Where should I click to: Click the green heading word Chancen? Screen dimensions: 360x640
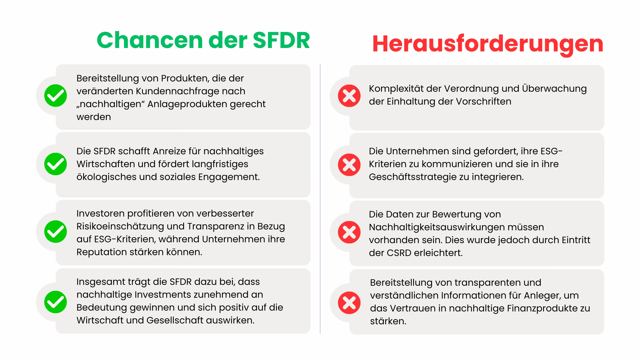tap(150, 40)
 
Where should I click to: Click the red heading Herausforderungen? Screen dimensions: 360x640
tap(488, 44)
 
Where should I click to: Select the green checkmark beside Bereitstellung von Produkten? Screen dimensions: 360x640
tap(55, 96)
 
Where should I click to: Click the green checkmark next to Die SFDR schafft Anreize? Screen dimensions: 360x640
tap(55, 164)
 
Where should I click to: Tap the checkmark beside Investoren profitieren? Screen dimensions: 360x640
tap(55, 232)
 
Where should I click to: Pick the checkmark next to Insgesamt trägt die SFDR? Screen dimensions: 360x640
tap(55, 302)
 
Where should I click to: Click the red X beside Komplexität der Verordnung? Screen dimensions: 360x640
tap(349, 96)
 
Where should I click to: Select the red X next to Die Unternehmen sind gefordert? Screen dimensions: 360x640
tap(349, 165)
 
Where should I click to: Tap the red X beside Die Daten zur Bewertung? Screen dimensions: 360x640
tap(349, 232)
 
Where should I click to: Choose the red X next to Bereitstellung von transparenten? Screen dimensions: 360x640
tap(349, 303)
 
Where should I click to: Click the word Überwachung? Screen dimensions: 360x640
tap(554, 89)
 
